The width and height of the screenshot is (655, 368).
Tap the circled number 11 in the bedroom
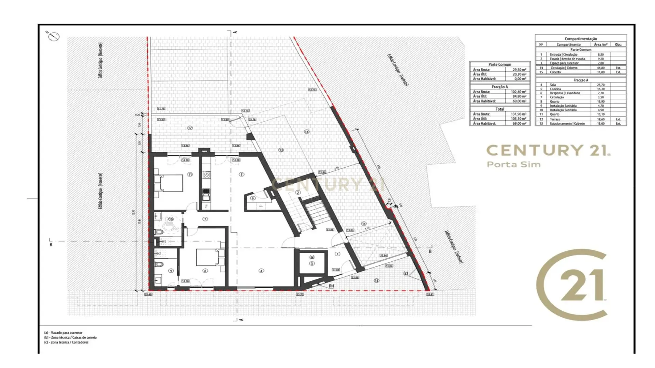click(x=190, y=174)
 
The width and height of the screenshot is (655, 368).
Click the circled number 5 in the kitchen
click(x=242, y=174)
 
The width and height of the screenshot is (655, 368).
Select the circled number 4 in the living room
click(x=261, y=271)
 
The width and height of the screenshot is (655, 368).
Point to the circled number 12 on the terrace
click(x=190, y=128)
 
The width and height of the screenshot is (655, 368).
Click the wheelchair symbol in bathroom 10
click(x=168, y=226)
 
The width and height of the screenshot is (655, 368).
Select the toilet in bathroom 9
click(x=159, y=264)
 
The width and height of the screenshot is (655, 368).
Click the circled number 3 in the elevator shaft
click(x=312, y=263)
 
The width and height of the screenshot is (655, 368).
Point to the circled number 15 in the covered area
click(x=376, y=281)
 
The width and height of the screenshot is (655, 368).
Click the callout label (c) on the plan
click(x=406, y=273)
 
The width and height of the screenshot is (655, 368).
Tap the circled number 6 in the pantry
click(x=253, y=198)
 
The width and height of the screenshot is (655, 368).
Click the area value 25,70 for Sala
click(x=601, y=85)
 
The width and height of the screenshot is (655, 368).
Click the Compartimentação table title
click(x=581, y=39)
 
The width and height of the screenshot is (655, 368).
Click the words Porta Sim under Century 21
click(x=514, y=165)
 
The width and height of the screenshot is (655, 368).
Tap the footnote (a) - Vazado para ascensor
click(x=63, y=333)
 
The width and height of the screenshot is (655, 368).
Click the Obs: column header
click(x=618, y=45)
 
